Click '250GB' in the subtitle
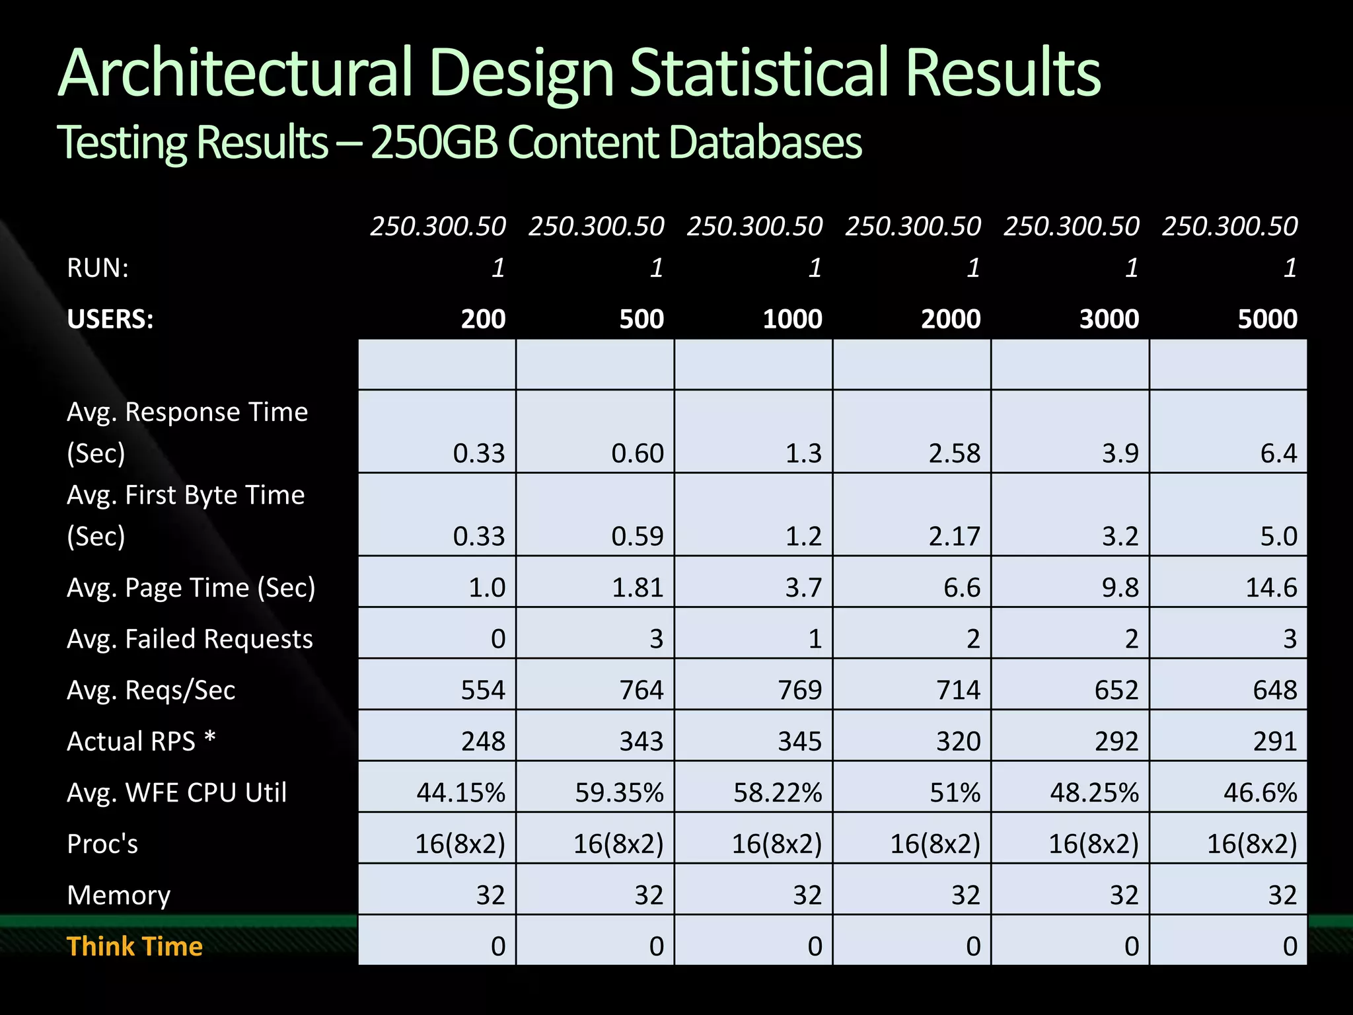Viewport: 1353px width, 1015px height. pyautogui.click(x=433, y=142)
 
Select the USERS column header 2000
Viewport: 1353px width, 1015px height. pyautogui.click(x=951, y=319)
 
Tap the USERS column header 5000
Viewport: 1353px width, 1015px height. pyautogui.click(x=1267, y=319)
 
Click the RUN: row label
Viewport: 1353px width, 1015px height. pyautogui.click(x=98, y=268)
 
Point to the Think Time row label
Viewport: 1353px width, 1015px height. pyautogui.click(x=135, y=946)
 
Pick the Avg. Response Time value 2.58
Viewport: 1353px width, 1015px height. pyautogui.click(x=954, y=453)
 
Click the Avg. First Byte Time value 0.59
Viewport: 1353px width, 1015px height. pyautogui.click(x=637, y=536)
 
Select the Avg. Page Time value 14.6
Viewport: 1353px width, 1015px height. pyautogui.click(x=1270, y=587)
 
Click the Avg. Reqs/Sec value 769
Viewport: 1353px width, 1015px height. pyautogui.click(x=799, y=691)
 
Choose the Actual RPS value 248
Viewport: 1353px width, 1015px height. pyautogui.click(x=483, y=741)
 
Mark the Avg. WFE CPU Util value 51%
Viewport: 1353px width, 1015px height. pyautogui.click(x=955, y=792)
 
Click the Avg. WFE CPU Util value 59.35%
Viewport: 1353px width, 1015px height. pyautogui.click(x=619, y=792)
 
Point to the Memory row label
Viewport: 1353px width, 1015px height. pyautogui.click(x=119, y=895)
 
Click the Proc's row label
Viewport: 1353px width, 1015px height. pyautogui.click(x=102, y=844)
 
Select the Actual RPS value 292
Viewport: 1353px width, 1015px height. pyautogui.click(x=1116, y=741)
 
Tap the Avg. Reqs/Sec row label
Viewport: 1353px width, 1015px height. pyautogui.click(x=151, y=691)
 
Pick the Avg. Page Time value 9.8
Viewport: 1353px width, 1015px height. pyautogui.click(x=1120, y=587)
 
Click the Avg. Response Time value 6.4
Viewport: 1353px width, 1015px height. pyautogui.click(x=1278, y=453)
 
